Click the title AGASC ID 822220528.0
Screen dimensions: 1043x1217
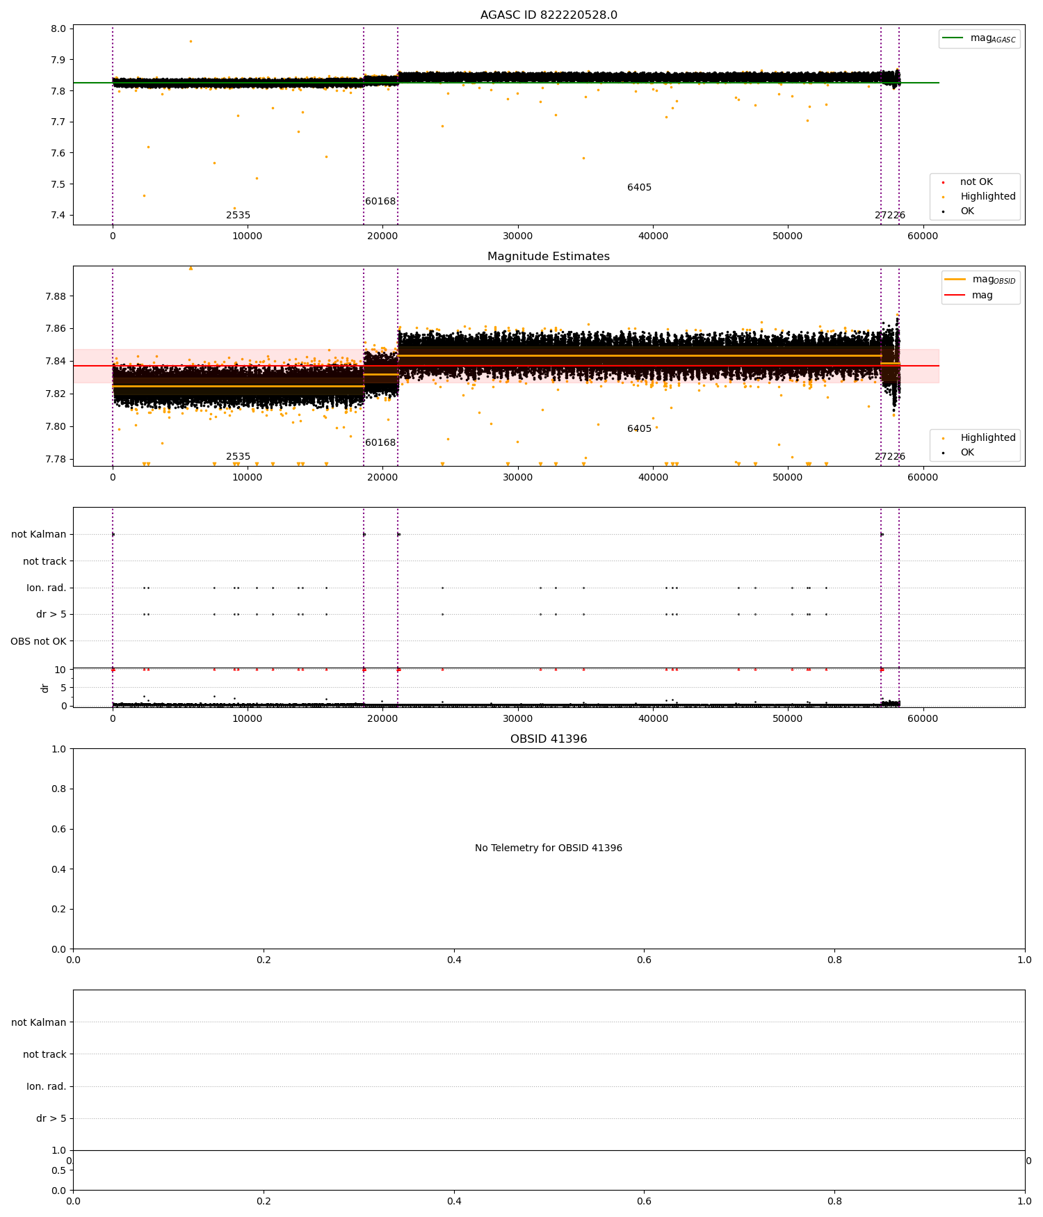coord(549,15)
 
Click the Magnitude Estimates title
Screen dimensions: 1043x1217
coord(549,257)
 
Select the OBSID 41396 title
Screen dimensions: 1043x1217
coord(549,739)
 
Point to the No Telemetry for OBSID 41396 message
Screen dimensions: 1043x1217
coord(549,848)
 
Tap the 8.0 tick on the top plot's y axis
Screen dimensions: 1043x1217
coord(58,29)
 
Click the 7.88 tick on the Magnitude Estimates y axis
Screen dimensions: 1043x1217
coord(56,296)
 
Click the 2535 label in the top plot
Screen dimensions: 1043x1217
coord(238,216)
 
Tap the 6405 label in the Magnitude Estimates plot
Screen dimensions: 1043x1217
coord(639,429)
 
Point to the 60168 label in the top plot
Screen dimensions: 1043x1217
coord(380,202)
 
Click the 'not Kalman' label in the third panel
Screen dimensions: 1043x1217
coord(39,535)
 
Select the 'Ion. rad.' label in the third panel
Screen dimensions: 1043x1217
coord(47,588)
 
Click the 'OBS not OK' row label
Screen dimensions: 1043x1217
coord(38,641)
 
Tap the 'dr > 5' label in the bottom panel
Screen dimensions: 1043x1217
coord(51,1118)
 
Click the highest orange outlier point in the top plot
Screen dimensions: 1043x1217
coord(191,41)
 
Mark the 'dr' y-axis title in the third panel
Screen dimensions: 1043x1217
coord(45,688)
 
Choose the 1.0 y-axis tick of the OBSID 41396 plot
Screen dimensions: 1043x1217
coord(58,749)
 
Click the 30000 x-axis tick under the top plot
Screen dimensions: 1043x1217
coord(518,236)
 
